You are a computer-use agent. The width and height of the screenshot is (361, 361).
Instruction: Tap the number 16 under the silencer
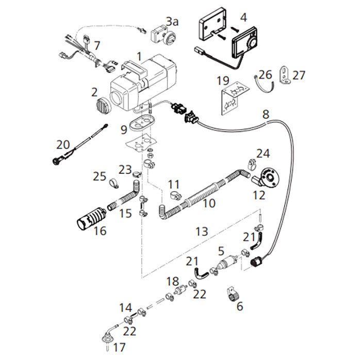tap(100, 231)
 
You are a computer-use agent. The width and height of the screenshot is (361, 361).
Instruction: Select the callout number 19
tap(223, 80)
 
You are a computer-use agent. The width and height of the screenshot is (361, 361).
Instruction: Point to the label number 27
tap(299, 75)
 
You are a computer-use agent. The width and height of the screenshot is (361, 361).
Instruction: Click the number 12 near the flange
tap(258, 195)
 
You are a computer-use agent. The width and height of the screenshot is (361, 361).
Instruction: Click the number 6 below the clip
tap(239, 306)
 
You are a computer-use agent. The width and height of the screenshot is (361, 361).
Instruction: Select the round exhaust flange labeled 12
tap(268, 178)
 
